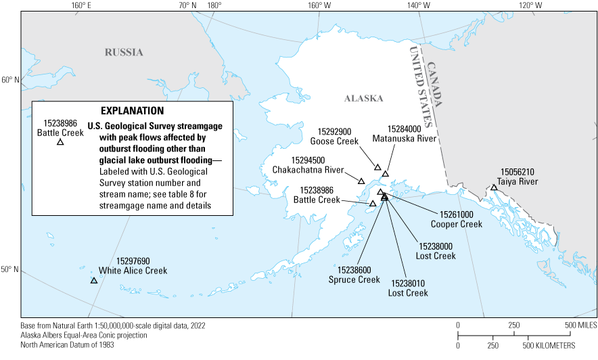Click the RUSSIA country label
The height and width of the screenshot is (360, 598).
coord(124,52)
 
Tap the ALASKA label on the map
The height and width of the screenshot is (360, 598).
coord(364,98)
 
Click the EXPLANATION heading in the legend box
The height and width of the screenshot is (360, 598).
coord(132,110)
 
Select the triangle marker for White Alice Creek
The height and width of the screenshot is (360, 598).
coord(94,280)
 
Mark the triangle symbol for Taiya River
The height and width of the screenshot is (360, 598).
coord(495,187)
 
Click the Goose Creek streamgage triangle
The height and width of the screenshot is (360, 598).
coord(377,167)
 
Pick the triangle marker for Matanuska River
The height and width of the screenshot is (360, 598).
coord(386,174)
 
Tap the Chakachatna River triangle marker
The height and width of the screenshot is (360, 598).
coord(361,181)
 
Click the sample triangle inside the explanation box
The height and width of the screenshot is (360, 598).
coord(60,142)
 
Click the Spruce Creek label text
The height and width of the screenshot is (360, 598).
coord(354,279)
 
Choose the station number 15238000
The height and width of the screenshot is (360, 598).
coord(436,246)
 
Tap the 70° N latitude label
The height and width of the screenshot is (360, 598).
coord(187,6)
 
